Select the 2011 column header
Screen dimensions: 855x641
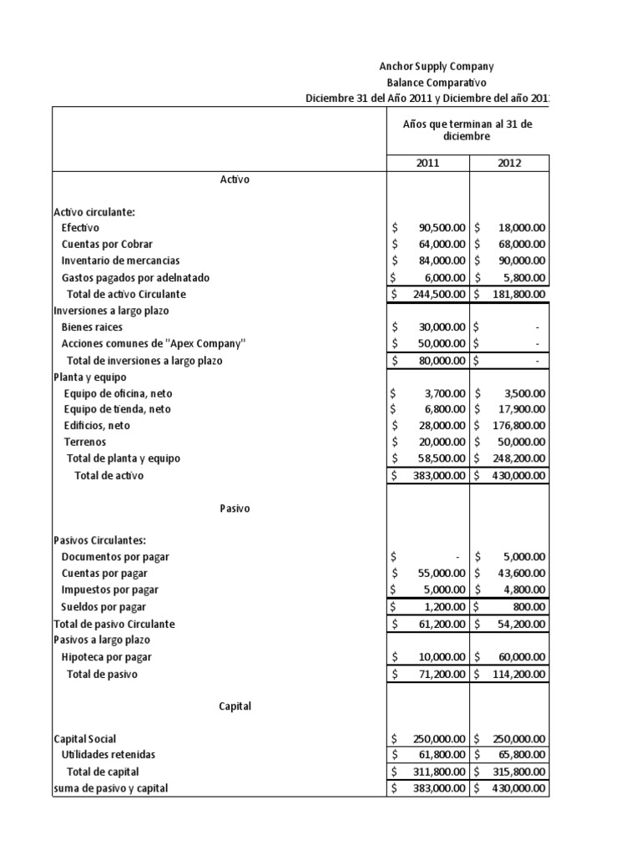427,163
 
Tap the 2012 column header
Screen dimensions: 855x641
509,163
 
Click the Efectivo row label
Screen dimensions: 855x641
80,227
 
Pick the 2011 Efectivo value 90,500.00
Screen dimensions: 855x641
439,227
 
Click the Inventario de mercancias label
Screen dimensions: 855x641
120,261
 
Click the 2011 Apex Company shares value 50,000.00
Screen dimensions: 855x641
439,344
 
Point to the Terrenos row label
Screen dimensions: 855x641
85,442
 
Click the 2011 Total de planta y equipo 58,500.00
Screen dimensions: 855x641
439,458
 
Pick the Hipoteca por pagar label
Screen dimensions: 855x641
107,657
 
